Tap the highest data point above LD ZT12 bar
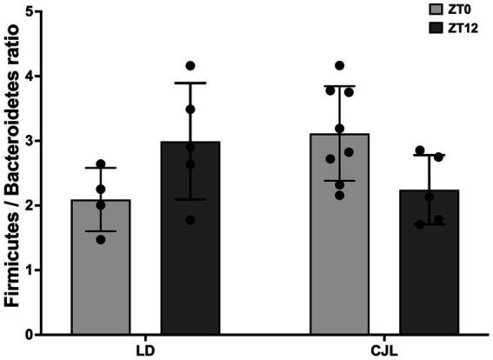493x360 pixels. tap(190, 66)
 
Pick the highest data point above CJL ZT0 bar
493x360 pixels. tap(339, 66)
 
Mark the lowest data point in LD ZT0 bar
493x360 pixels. tap(101, 239)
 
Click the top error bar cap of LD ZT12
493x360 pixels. tap(190, 83)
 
